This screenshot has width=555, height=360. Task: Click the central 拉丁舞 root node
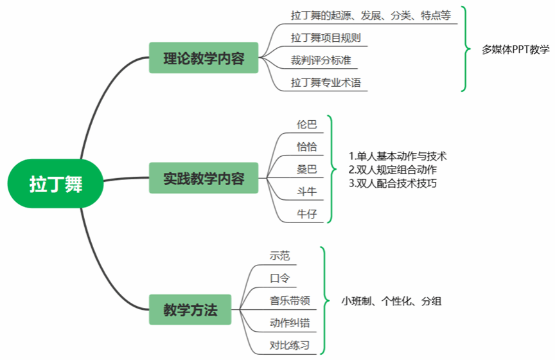pyautogui.click(x=56, y=184)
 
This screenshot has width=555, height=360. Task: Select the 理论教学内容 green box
pyautogui.click(x=204, y=59)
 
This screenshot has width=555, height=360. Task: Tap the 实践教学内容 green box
pyautogui.click(x=204, y=178)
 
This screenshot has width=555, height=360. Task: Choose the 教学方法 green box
pyautogui.click(x=189, y=310)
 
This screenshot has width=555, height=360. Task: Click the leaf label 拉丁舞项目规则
pyautogui.click(x=325, y=38)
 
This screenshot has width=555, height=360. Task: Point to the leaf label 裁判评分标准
pyautogui.click(x=321, y=60)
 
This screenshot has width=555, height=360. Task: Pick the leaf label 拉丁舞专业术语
pyautogui.click(x=325, y=83)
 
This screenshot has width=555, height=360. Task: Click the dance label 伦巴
pyautogui.click(x=306, y=124)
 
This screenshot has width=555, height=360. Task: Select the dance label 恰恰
pyautogui.click(x=306, y=147)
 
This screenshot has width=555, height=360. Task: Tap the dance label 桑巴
pyautogui.click(x=306, y=169)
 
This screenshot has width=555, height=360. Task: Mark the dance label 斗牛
pyautogui.click(x=306, y=192)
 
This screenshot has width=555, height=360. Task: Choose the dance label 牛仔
pyautogui.click(x=306, y=214)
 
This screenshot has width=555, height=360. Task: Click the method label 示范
pyautogui.click(x=280, y=255)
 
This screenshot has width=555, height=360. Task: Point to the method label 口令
pyautogui.click(x=280, y=278)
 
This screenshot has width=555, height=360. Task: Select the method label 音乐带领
pyautogui.click(x=290, y=300)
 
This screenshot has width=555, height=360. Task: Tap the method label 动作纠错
pyautogui.click(x=290, y=323)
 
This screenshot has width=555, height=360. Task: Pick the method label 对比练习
pyautogui.click(x=290, y=345)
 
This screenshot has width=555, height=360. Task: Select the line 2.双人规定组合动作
pyautogui.click(x=393, y=170)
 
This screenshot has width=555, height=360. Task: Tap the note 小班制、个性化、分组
pyautogui.click(x=391, y=301)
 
